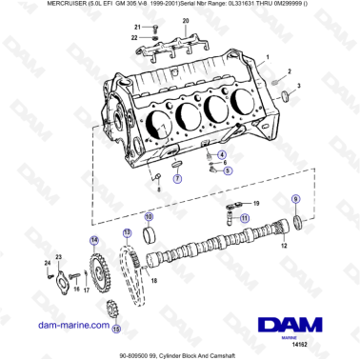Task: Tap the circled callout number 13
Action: point(126,233)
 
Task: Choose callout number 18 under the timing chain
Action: point(155,283)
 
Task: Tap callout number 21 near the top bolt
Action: point(137,28)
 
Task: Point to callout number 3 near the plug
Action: point(298,87)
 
